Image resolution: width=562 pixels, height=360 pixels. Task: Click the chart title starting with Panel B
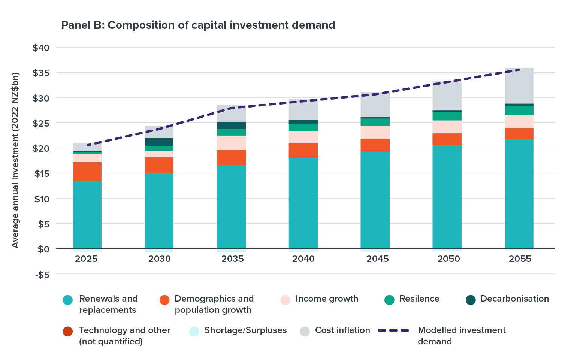coord(198,25)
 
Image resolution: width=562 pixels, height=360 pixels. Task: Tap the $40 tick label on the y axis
coord(41,48)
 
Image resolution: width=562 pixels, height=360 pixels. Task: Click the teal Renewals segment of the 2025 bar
coord(87,215)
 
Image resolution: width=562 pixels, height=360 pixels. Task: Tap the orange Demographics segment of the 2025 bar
coord(87,172)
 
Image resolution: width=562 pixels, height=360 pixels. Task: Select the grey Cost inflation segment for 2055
coord(519,86)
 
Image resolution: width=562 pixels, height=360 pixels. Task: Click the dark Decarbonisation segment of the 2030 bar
coord(159,142)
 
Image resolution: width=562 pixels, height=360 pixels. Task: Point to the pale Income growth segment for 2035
coord(231,143)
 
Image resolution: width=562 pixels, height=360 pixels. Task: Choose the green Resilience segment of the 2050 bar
coord(447,116)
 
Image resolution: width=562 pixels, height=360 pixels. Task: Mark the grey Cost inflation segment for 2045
coord(375,105)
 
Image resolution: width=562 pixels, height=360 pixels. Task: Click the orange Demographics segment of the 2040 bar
coord(303,151)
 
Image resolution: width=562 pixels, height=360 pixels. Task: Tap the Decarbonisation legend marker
coord(471,300)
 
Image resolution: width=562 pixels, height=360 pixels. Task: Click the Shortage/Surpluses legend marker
coord(194,331)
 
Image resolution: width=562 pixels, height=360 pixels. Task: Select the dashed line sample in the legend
coord(393,331)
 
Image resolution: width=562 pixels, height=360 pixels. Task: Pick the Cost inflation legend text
coord(342,330)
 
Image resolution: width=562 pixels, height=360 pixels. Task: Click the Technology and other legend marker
coord(68,331)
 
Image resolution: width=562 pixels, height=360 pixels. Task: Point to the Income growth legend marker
coord(285,300)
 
